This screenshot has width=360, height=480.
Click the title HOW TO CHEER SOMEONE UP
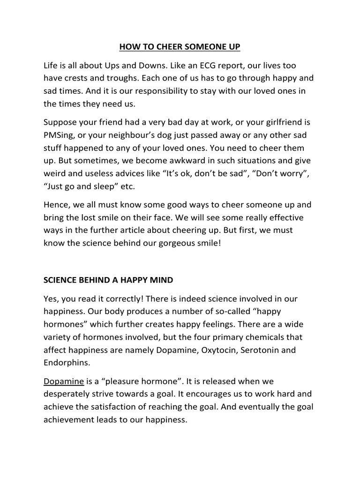pyautogui.click(x=180, y=47)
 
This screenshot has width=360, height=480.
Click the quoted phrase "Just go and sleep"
pyautogui.click(x=87, y=186)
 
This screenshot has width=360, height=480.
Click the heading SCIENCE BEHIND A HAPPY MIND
pyautogui.click(x=108, y=280)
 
